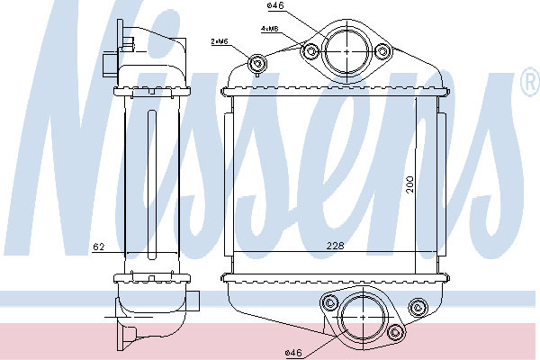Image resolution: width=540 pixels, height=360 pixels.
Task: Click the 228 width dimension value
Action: [x=335, y=246]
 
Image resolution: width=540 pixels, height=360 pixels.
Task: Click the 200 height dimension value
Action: [x=409, y=184]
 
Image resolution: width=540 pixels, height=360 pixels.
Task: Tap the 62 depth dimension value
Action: [x=98, y=247]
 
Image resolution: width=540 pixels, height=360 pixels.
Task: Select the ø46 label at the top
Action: [x=275, y=5]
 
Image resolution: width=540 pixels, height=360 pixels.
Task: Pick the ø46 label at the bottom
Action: [x=293, y=353]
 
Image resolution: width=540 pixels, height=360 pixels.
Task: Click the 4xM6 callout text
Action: [x=269, y=29]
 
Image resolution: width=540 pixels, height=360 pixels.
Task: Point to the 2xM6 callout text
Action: [x=220, y=41]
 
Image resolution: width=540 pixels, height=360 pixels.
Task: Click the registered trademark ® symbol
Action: [x=531, y=82]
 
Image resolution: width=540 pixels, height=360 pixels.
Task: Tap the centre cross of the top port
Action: [x=346, y=51]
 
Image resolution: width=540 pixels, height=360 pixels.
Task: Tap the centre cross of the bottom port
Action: [x=364, y=317]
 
